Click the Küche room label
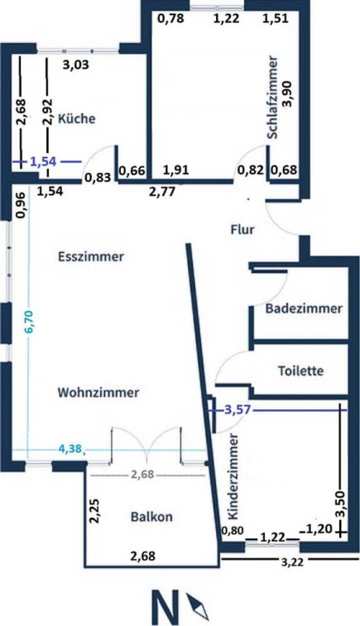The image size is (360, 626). [77, 118]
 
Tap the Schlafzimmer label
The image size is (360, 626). [273, 98]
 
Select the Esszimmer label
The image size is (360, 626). [91, 256]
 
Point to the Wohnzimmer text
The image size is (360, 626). [98, 392]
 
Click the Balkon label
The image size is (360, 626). [151, 517]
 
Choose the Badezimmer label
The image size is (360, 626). [304, 308]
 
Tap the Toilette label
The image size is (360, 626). [301, 370]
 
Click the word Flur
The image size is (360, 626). [242, 230]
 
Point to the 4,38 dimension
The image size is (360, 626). [70, 449]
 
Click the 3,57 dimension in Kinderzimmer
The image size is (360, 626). [238, 410]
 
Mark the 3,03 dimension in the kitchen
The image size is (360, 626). [76, 65]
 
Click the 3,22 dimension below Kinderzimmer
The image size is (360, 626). [292, 562]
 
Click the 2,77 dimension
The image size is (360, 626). [162, 192]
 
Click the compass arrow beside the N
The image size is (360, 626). [198, 605]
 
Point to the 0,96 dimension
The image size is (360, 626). [21, 206]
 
